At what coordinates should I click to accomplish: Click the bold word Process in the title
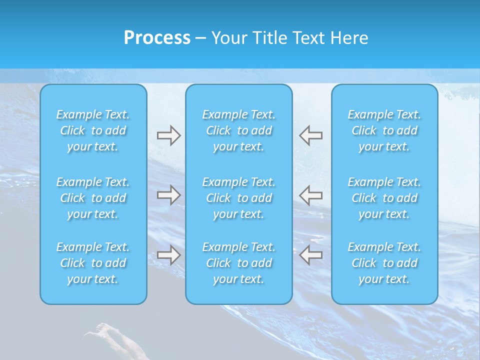pyautogui.click(x=157, y=38)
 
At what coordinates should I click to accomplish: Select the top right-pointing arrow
pyautogui.click(x=168, y=135)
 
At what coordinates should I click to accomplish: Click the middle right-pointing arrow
pyautogui.click(x=168, y=194)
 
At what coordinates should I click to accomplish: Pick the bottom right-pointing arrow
pyautogui.click(x=168, y=255)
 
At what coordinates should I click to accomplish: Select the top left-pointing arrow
pyautogui.click(x=311, y=135)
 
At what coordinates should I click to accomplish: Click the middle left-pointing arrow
pyautogui.click(x=311, y=194)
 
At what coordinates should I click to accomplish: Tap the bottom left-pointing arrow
pyautogui.click(x=311, y=255)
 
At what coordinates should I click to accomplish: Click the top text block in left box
pyautogui.click(x=93, y=130)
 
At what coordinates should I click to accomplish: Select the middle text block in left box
pyautogui.click(x=93, y=198)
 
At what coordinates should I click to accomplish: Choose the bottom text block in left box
pyautogui.click(x=93, y=263)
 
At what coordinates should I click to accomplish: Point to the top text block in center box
pyautogui.click(x=238, y=130)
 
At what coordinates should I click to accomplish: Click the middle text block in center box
pyautogui.click(x=238, y=198)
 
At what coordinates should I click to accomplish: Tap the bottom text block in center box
pyautogui.click(x=238, y=263)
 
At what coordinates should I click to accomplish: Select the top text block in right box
pyautogui.click(x=384, y=130)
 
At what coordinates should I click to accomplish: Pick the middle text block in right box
pyautogui.click(x=384, y=198)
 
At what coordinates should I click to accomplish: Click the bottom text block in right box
pyautogui.click(x=384, y=263)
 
